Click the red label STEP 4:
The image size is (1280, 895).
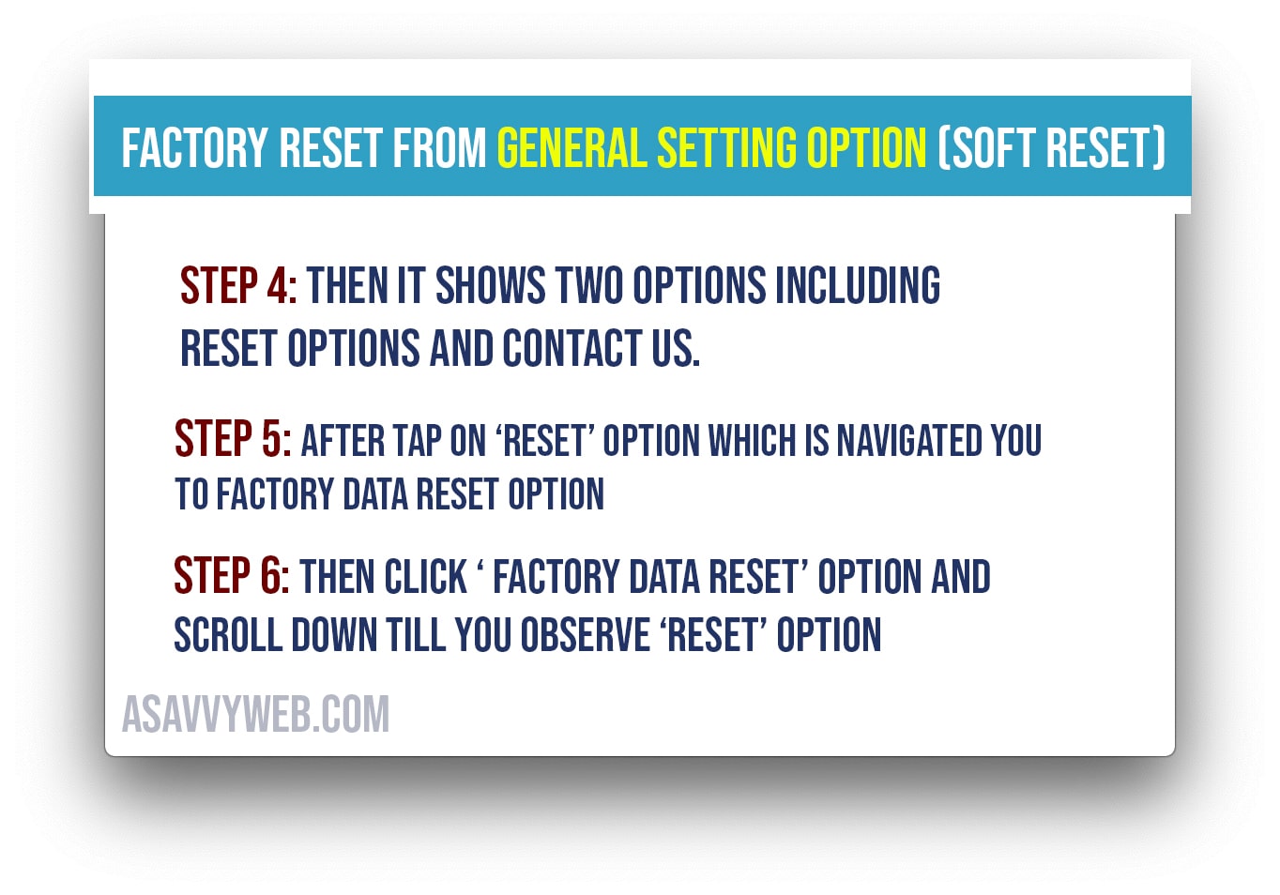pos(239,285)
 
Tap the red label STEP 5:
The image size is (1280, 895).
pos(233,438)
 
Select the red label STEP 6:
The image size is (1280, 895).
pos(232,575)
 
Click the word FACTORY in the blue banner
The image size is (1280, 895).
pos(195,148)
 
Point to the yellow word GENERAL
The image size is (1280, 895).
pos(572,148)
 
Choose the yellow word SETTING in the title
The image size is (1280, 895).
pos(726,148)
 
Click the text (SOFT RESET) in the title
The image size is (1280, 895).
pos(1051,148)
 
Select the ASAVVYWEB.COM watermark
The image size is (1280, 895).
pos(255,714)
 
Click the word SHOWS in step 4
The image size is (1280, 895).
pos(490,285)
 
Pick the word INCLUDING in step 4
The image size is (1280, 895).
pos(857,285)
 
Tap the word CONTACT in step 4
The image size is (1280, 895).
pos(572,348)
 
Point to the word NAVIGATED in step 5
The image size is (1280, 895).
pos(908,440)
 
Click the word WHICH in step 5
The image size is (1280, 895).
pos(753,440)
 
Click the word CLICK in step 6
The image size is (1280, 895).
pos(426,577)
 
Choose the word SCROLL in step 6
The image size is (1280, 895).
pos(228,634)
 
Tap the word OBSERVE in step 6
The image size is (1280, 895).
pos(586,634)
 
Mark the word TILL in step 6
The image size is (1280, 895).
pos(416,634)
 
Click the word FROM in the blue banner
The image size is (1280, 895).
pos(439,148)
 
